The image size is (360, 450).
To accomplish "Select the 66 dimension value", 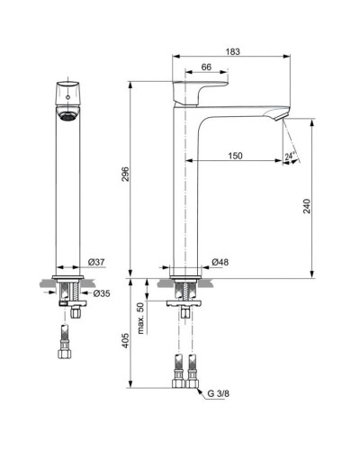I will point(205,67).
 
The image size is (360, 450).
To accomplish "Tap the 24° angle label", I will point(291,156).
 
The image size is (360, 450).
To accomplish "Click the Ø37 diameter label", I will point(97,262).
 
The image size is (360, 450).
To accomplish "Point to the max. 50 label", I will point(140,319).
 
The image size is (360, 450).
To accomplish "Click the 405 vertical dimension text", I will point(126,341).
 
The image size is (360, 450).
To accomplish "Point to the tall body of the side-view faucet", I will point(184,198).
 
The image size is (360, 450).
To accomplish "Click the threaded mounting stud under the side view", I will point(185,292).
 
